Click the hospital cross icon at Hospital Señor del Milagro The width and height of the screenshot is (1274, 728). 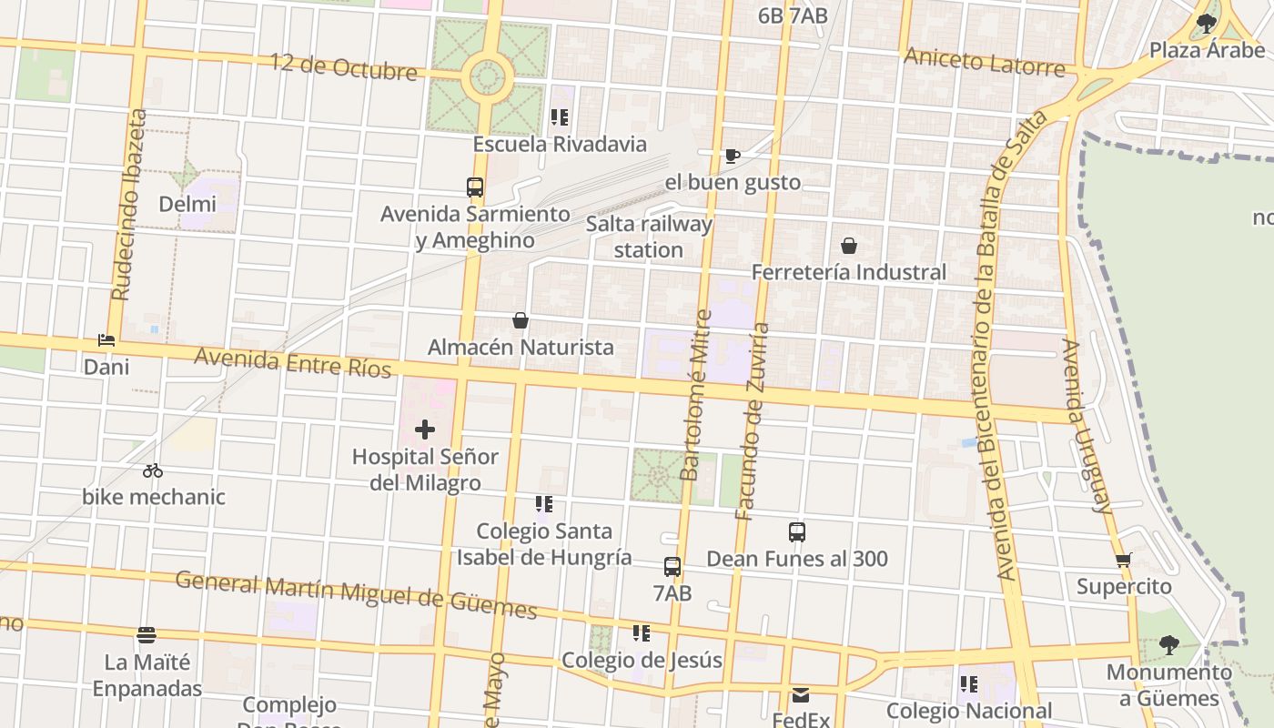(425, 430)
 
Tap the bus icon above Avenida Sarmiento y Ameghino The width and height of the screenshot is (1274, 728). (475, 187)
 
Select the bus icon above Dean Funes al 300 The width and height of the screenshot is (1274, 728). (797, 532)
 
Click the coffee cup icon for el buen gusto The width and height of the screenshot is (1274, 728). (733, 156)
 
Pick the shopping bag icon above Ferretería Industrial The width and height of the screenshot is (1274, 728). (849, 246)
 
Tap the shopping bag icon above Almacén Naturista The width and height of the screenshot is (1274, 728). (521, 320)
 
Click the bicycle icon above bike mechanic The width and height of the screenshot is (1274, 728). (153, 470)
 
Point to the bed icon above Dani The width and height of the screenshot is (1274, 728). (106, 340)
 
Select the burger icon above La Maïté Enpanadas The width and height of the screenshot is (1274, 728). (146, 634)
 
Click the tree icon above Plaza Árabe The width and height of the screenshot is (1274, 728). (1207, 24)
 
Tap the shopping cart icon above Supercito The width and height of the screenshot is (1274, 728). (1124, 561)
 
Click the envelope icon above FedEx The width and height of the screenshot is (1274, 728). (801, 695)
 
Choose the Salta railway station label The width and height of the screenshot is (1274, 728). (649, 237)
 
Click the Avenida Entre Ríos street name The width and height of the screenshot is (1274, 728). (292, 362)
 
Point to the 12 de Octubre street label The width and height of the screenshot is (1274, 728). (343, 66)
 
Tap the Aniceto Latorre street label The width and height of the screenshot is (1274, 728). (984, 63)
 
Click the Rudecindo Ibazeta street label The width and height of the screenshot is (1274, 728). (128, 205)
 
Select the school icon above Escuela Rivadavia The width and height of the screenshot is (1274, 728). (560, 117)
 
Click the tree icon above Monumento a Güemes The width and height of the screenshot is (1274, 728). (1169, 646)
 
